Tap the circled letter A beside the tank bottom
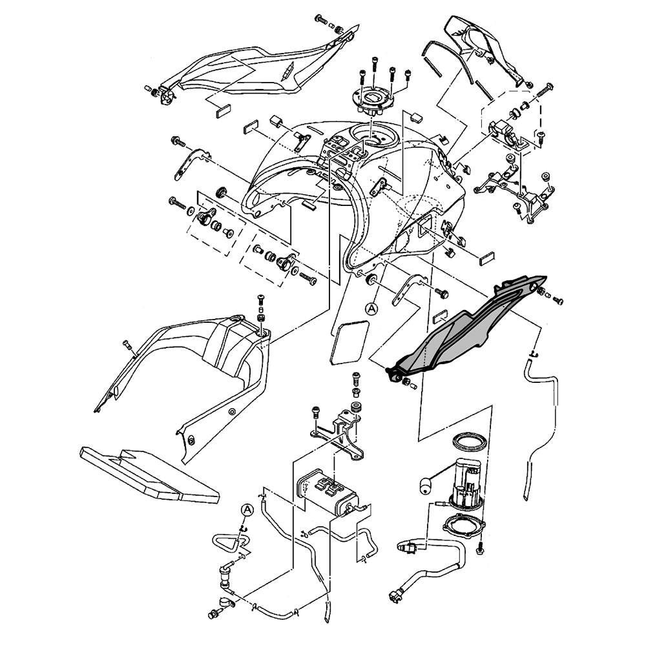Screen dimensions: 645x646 tap(371, 309)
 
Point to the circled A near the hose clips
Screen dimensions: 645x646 tap(247, 509)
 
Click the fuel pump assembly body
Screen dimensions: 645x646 tap(466, 481)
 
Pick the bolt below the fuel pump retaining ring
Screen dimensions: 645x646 tap(480, 548)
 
